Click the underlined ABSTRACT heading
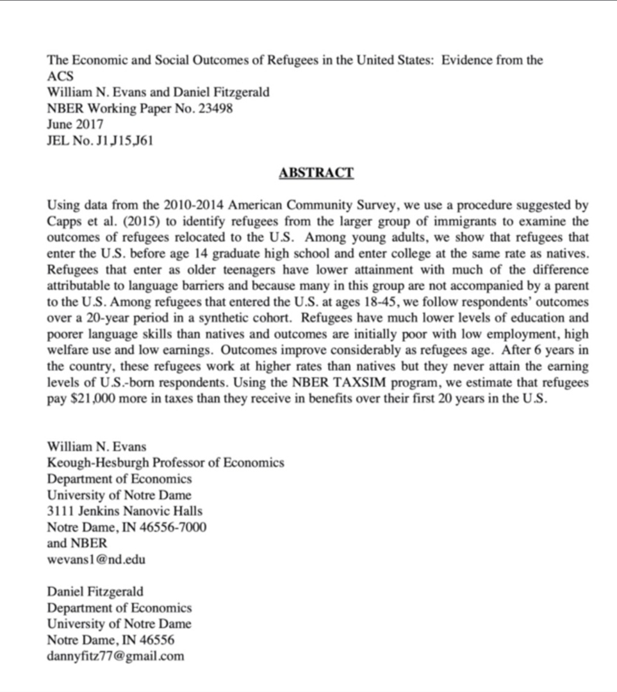point(316,173)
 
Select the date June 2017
point(75,124)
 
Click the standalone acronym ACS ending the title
point(61,76)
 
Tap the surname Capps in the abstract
point(65,222)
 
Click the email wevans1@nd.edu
point(96,559)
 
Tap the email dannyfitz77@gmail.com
point(115,655)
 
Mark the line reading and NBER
point(78,543)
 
